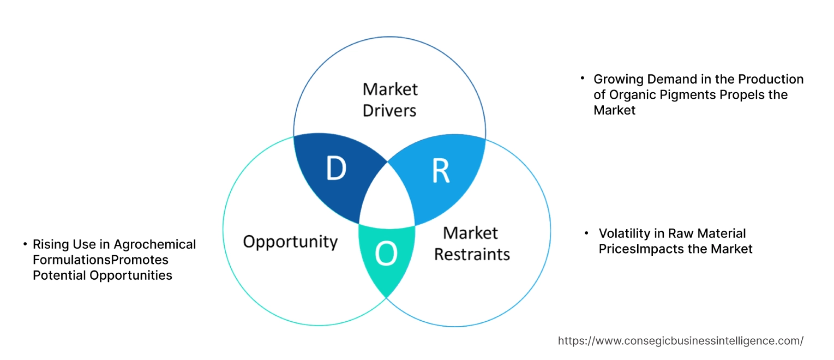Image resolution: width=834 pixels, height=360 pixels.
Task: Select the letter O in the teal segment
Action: point(386,254)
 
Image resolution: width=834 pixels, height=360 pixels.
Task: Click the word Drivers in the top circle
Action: point(389,110)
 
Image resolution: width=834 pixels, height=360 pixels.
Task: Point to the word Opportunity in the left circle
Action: point(290,242)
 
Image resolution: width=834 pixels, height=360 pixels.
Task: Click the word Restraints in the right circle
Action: point(472,254)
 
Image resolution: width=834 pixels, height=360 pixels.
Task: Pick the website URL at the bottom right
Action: point(680,341)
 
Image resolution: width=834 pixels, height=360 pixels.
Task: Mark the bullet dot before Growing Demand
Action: point(583,79)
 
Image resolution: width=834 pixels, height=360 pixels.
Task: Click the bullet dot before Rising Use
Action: point(25,244)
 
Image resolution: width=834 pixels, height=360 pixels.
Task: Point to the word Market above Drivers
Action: point(389,88)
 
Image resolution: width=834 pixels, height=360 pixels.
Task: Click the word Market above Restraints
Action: point(470,233)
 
